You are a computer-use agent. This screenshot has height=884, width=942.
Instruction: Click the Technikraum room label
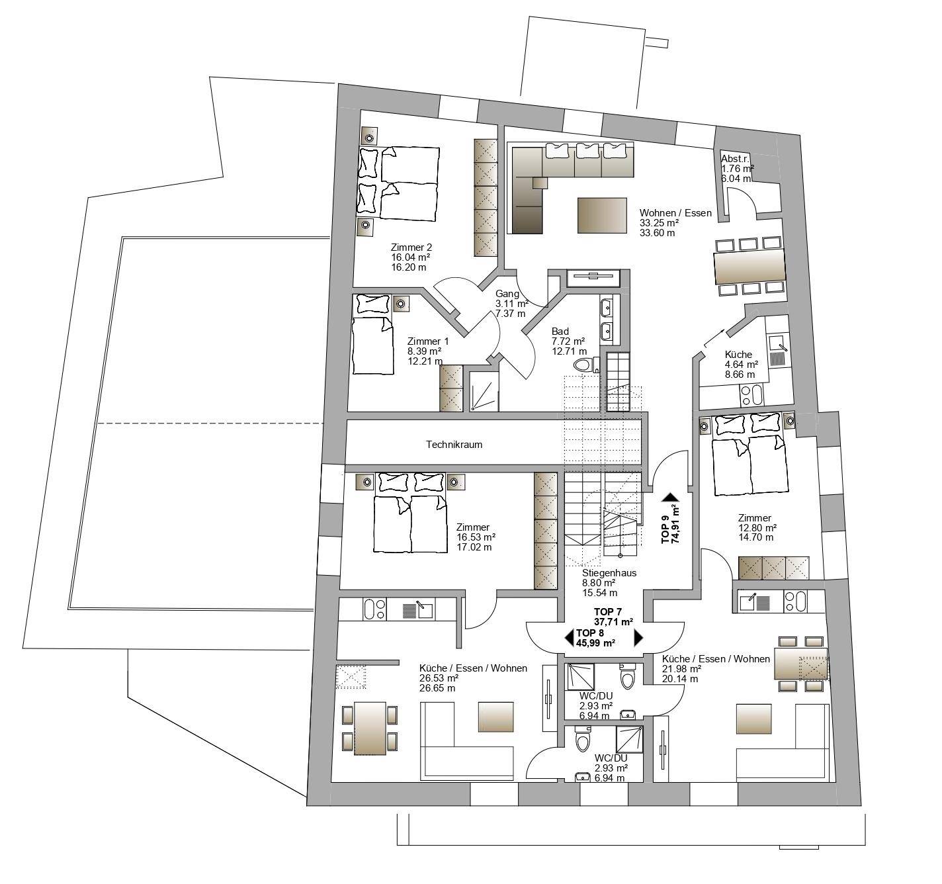[x=454, y=445]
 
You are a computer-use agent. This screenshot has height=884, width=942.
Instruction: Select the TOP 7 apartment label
[x=608, y=612]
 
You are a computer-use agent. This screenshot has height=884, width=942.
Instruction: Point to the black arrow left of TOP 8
[x=569, y=638]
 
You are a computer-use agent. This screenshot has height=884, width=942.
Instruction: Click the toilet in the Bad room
[x=586, y=365]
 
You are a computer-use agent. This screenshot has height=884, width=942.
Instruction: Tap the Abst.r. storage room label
[x=735, y=159]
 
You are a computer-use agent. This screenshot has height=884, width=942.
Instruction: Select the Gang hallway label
[x=507, y=294]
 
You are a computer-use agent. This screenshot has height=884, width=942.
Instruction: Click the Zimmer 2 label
[x=411, y=247]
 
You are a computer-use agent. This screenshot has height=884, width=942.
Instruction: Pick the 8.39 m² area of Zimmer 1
[x=424, y=351]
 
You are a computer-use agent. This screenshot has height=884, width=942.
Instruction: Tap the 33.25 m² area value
[x=659, y=223]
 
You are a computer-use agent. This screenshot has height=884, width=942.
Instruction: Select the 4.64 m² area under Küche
[x=742, y=365]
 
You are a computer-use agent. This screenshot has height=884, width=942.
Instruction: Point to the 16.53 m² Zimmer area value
[x=476, y=537]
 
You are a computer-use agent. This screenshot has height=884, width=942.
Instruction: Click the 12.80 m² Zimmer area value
[x=757, y=527]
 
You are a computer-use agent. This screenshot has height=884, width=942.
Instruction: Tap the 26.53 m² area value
[x=439, y=678]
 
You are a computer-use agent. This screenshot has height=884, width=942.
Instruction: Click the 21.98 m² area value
[x=681, y=668]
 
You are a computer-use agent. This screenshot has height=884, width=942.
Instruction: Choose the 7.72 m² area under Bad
[x=568, y=341]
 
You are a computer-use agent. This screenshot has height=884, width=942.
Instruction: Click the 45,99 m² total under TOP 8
[x=595, y=643]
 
